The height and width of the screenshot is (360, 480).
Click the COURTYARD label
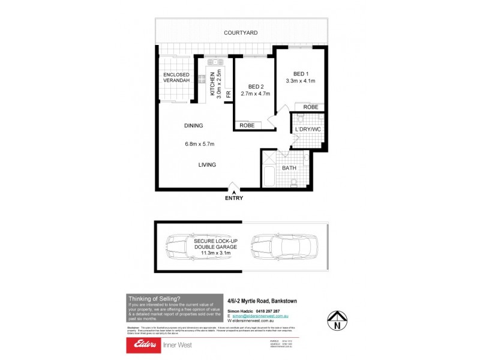click(241, 32)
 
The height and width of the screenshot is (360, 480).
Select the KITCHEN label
click(212, 85)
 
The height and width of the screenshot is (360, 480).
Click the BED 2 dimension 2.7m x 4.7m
click(255, 94)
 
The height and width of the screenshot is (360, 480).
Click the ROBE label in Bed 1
click(310, 107)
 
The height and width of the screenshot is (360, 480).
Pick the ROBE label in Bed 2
click(247, 125)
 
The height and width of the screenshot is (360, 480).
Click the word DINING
click(194, 126)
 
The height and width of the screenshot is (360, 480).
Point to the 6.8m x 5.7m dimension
click(200, 144)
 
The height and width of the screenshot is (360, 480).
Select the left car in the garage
click(179, 245)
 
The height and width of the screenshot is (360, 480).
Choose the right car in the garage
click(280, 245)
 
